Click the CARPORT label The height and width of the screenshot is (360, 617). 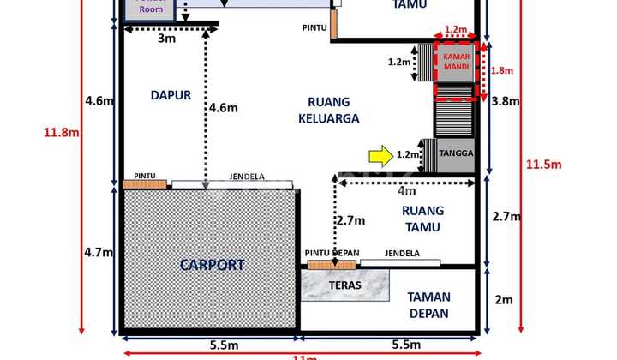[x=212, y=265]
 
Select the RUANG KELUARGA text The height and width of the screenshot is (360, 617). [x=329, y=111]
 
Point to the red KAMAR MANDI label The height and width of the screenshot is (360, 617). [x=457, y=61]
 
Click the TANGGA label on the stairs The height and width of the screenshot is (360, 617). [x=454, y=155]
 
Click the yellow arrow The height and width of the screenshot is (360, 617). [x=378, y=155]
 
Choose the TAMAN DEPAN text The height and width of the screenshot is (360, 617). [x=428, y=304]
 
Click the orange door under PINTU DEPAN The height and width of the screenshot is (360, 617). [x=331, y=265]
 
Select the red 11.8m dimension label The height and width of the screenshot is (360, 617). [x=62, y=132]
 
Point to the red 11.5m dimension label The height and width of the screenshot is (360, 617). [x=543, y=164]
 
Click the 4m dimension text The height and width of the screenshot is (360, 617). [x=406, y=191]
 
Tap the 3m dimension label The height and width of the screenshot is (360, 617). [x=167, y=39]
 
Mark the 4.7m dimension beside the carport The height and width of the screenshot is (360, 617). [x=99, y=252]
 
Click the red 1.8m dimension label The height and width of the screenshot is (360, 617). [x=501, y=71]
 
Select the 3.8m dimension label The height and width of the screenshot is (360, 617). [x=505, y=101]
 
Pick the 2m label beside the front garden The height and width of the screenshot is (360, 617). [x=504, y=299]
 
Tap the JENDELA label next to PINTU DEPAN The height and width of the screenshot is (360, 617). [x=401, y=253]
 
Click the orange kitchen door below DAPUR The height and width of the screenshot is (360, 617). [x=144, y=183]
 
